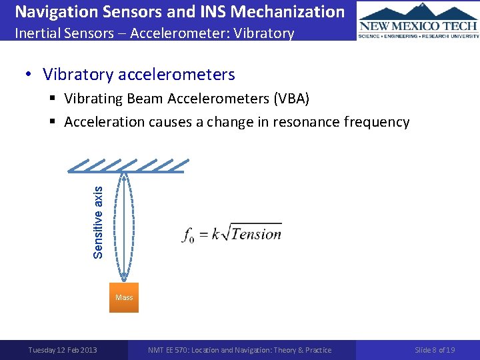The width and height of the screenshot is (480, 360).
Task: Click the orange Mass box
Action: point(124,297)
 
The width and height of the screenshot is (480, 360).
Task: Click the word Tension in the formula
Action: point(256,234)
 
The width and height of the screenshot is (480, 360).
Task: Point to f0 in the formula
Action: point(187,235)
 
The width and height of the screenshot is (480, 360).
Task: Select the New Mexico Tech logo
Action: point(418,21)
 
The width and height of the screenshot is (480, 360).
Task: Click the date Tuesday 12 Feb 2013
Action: point(62,350)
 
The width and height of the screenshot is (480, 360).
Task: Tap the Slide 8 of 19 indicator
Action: point(435,350)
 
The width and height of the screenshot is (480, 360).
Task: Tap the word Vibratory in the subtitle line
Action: point(265,33)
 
